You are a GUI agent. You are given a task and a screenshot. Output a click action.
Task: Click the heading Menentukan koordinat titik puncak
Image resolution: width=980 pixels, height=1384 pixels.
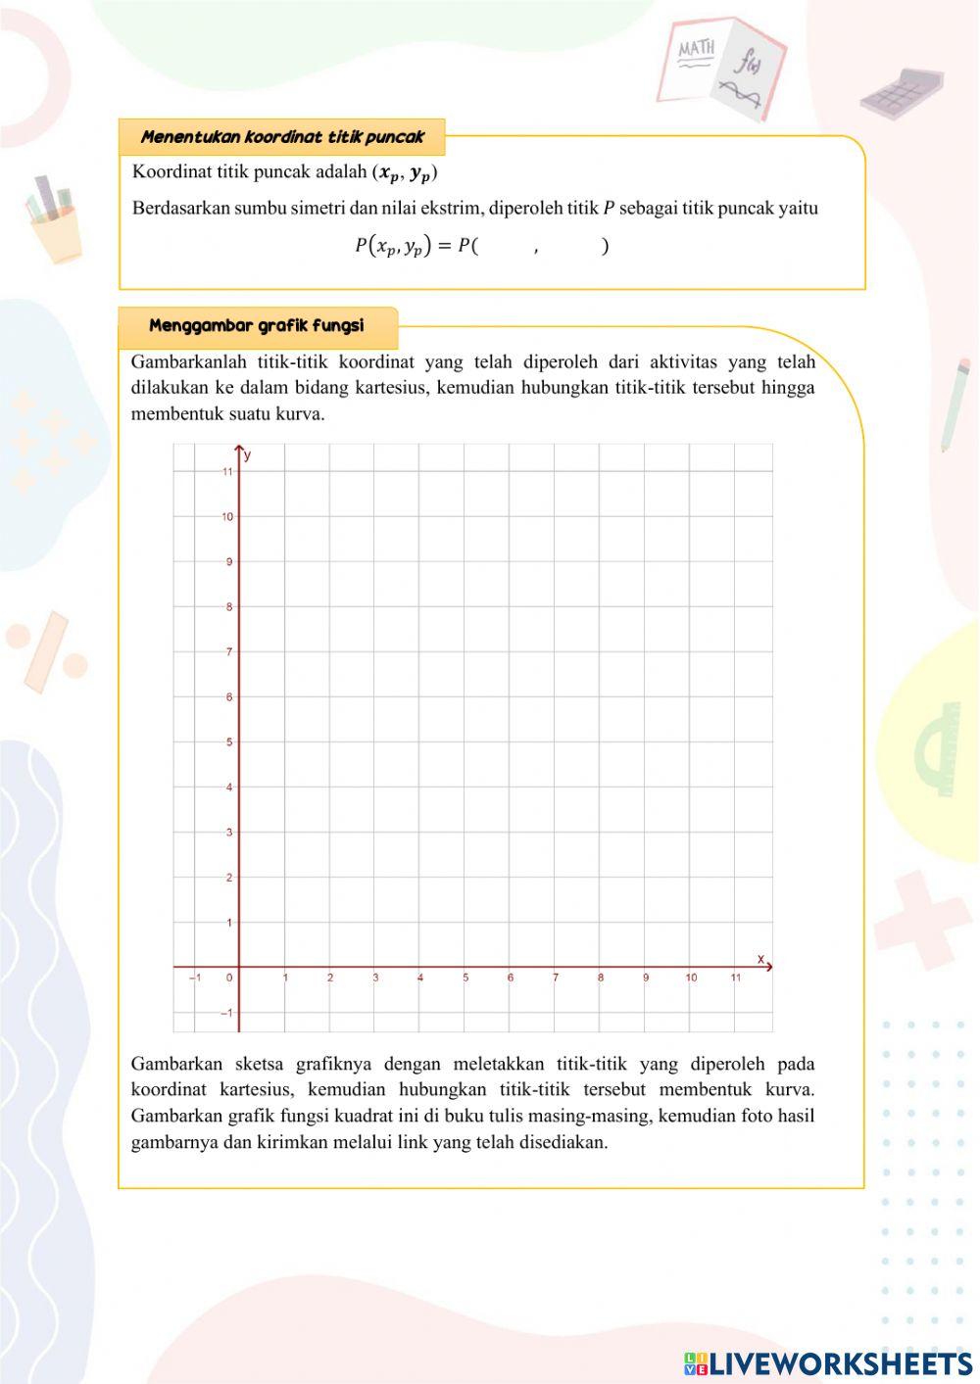282,137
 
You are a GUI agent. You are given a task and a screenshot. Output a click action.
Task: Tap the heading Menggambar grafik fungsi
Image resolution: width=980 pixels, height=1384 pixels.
257,326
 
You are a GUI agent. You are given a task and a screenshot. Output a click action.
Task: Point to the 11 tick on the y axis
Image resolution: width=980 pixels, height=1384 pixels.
227,472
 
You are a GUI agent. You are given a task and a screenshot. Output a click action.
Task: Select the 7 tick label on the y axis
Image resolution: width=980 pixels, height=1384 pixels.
229,652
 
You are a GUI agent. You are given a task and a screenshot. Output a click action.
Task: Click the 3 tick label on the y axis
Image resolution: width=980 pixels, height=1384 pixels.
229,833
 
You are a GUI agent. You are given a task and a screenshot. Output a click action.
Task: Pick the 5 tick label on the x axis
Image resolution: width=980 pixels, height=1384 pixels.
465,978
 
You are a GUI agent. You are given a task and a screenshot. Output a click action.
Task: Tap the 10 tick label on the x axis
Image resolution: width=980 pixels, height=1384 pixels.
691,978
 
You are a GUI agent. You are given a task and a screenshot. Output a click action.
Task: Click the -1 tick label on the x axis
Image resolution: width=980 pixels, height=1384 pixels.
195,978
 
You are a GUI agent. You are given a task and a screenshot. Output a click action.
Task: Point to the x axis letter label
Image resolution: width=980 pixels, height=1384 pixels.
760,958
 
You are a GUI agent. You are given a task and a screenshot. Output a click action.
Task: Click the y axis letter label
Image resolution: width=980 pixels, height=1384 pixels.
248,455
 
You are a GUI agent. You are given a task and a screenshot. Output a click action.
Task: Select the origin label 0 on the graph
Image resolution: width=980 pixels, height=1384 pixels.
229,978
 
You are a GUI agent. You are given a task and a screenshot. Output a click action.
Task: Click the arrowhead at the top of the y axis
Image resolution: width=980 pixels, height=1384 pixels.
239,449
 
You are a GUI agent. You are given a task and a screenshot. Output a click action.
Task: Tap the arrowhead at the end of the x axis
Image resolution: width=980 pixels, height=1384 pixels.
768,967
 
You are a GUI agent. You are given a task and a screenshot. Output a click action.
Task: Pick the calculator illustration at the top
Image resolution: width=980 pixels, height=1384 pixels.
902,92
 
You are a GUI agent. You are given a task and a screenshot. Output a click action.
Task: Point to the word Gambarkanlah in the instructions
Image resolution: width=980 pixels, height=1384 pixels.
186,362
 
